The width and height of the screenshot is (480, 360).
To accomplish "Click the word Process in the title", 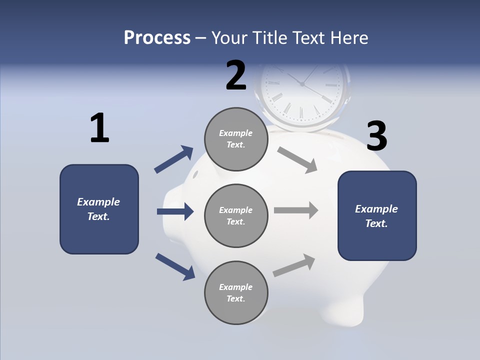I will [x=157, y=38].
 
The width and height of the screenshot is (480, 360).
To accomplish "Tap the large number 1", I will [x=99, y=128].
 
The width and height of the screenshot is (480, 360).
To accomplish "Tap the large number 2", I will [x=236, y=75].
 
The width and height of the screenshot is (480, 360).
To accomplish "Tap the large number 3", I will [x=376, y=136].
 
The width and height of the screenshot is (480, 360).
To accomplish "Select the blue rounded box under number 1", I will [x=99, y=209].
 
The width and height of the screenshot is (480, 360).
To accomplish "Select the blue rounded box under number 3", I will [x=377, y=216].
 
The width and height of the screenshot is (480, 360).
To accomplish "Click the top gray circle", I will [x=236, y=139].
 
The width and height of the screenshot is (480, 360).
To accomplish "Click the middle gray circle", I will [x=236, y=216].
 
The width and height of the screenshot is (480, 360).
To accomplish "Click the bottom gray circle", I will [x=236, y=293].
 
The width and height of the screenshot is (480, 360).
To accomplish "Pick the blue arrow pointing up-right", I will [x=174, y=159].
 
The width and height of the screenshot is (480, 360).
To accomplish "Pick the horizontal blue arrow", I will [x=175, y=211].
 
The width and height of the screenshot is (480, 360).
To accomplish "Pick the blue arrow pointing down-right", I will [x=175, y=266].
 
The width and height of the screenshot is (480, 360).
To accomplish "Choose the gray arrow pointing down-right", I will [x=297, y=160].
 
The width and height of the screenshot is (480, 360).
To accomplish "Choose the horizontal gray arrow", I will [x=296, y=210].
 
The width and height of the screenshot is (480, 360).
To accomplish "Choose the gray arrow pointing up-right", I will [x=294, y=265].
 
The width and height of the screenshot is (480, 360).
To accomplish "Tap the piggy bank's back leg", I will [x=345, y=310].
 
